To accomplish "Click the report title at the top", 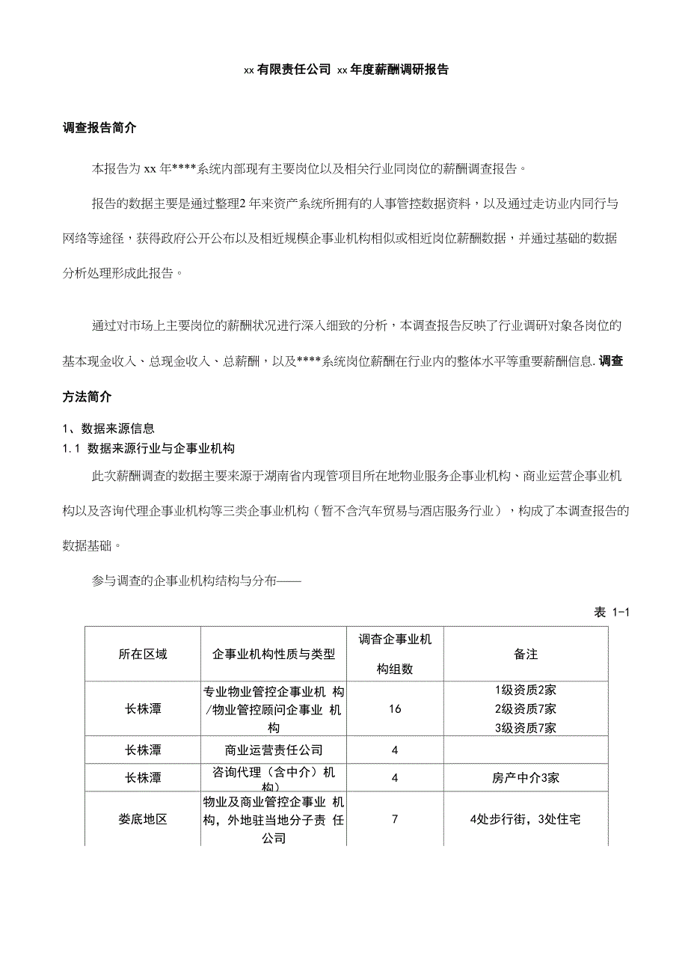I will pos(345,70).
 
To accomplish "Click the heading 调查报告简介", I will pos(99,128).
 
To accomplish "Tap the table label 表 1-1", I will pos(612,613).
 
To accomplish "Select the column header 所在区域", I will pos(142,655).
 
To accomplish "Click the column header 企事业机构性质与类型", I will pos(274,655).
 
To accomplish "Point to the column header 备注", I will pos(526,655).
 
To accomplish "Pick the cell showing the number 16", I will pos(395,708).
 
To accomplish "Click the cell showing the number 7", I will pos(395,819).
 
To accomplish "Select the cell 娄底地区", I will pos(142,819).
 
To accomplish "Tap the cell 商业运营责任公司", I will pos(274,750).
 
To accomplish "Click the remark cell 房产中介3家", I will pos(526,778).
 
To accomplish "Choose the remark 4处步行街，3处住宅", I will pos(526,819).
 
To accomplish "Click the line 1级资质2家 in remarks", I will pos(526,690).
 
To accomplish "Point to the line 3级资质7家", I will pos(526,728).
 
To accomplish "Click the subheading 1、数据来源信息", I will pos(108,429).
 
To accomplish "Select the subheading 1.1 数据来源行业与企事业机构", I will pos(149,449).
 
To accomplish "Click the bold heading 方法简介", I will pos(87,396).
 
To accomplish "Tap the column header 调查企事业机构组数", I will pos(395,654).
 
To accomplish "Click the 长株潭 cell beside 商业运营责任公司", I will pos(142,750).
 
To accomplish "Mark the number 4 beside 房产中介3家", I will pos(395,778).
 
